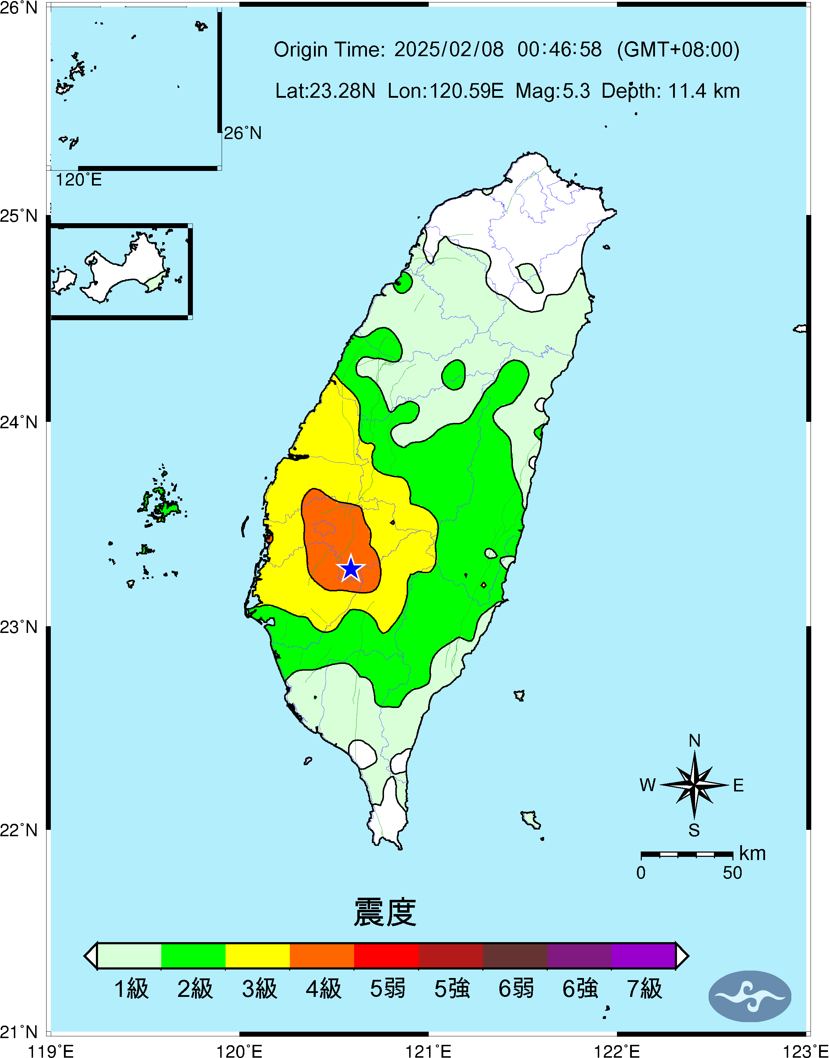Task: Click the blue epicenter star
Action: [x=351, y=569]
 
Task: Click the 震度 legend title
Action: [x=385, y=912]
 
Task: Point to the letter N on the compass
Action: [x=694, y=741]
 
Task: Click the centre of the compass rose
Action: [x=694, y=785]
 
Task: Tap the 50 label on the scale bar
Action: [x=732, y=873]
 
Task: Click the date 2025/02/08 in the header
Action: [x=449, y=49]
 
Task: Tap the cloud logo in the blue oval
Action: [x=749, y=996]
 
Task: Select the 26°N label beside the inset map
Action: [x=242, y=133]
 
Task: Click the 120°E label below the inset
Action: [x=78, y=180]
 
